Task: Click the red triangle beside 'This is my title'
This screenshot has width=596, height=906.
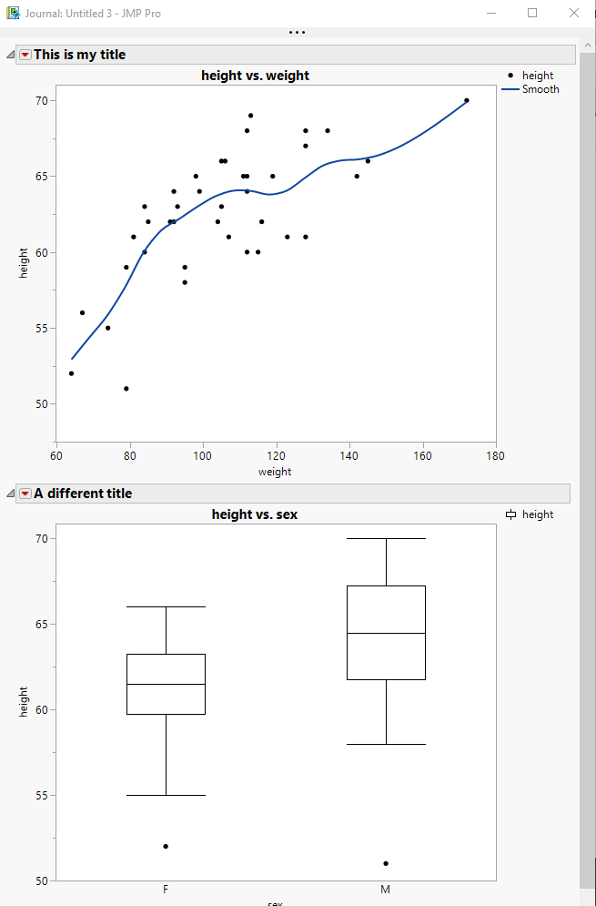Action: pyautogui.click(x=25, y=55)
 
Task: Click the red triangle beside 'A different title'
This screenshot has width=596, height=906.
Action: pyautogui.click(x=25, y=494)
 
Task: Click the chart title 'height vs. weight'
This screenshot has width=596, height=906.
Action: pyautogui.click(x=256, y=76)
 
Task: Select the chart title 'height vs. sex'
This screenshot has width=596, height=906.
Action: pyautogui.click(x=255, y=514)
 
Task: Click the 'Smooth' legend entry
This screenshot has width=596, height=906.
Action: pyautogui.click(x=540, y=89)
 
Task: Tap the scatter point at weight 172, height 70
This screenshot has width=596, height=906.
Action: pyautogui.click(x=467, y=100)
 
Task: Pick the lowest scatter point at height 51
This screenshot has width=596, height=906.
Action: pyautogui.click(x=126, y=389)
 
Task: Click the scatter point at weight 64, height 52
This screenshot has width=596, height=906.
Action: pyautogui.click(x=72, y=373)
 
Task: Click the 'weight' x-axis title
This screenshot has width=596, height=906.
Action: pyautogui.click(x=275, y=471)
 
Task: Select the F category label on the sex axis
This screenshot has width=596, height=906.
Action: pyautogui.click(x=166, y=889)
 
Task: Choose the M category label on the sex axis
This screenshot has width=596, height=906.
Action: pyautogui.click(x=386, y=889)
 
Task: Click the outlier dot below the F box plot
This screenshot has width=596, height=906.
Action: pyautogui.click(x=166, y=846)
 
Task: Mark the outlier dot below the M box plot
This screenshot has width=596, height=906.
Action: pyautogui.click(x=386, y=863)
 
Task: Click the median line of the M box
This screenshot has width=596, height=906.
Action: pyautogui.click(x=386, y=633)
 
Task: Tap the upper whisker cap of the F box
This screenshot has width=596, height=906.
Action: pyautogui.click(x=166, y=606)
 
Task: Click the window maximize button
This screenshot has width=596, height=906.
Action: pyautogui.click(x=532, y=13)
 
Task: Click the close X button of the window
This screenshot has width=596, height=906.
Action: pyautogui.click(x=572, y=13)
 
